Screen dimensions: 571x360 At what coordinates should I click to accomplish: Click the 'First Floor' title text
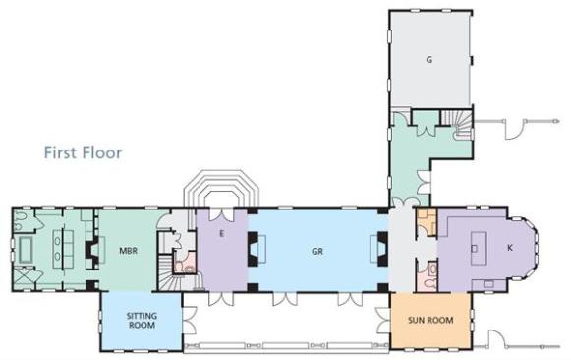pyautogui.click(x=83, y=152)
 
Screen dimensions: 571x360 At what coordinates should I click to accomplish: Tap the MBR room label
pyautogui.click(x=128, y=251)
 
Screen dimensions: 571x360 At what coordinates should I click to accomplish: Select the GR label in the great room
pyautogui.click(x=317, y=251)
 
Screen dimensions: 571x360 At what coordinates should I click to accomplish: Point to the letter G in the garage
pyautogui.click(x=429, y=59)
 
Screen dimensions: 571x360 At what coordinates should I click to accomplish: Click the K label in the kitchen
pyautogui.click(x=510, y=248)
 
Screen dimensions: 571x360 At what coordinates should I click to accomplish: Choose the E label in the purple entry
pyautogui.click(x=221, y=234)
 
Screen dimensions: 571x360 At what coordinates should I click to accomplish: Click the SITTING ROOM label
pyautogui.click(x=142, y=321)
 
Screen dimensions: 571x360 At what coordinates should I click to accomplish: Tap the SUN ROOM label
pyautogui.click(x=430, y=320)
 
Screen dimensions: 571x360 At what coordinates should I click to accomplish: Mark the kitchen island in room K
pyautogui.click(x=479, y=248)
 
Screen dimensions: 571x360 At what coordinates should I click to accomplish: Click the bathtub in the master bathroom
pyautogui.click(x=26, y=250)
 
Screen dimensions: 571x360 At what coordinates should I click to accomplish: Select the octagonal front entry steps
pyautogui.click(x=221, y=191)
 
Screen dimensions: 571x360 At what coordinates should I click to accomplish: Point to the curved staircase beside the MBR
pyautogui.click(x=174, y=277)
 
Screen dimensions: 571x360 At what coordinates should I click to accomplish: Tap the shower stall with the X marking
pyautogui.click(x=24, y=278)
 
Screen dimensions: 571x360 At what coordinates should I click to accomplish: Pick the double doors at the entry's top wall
pyautogui.click(x=222, y=214)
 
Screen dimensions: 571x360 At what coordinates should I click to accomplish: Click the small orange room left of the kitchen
pyautogui.click(x=427, y=221)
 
